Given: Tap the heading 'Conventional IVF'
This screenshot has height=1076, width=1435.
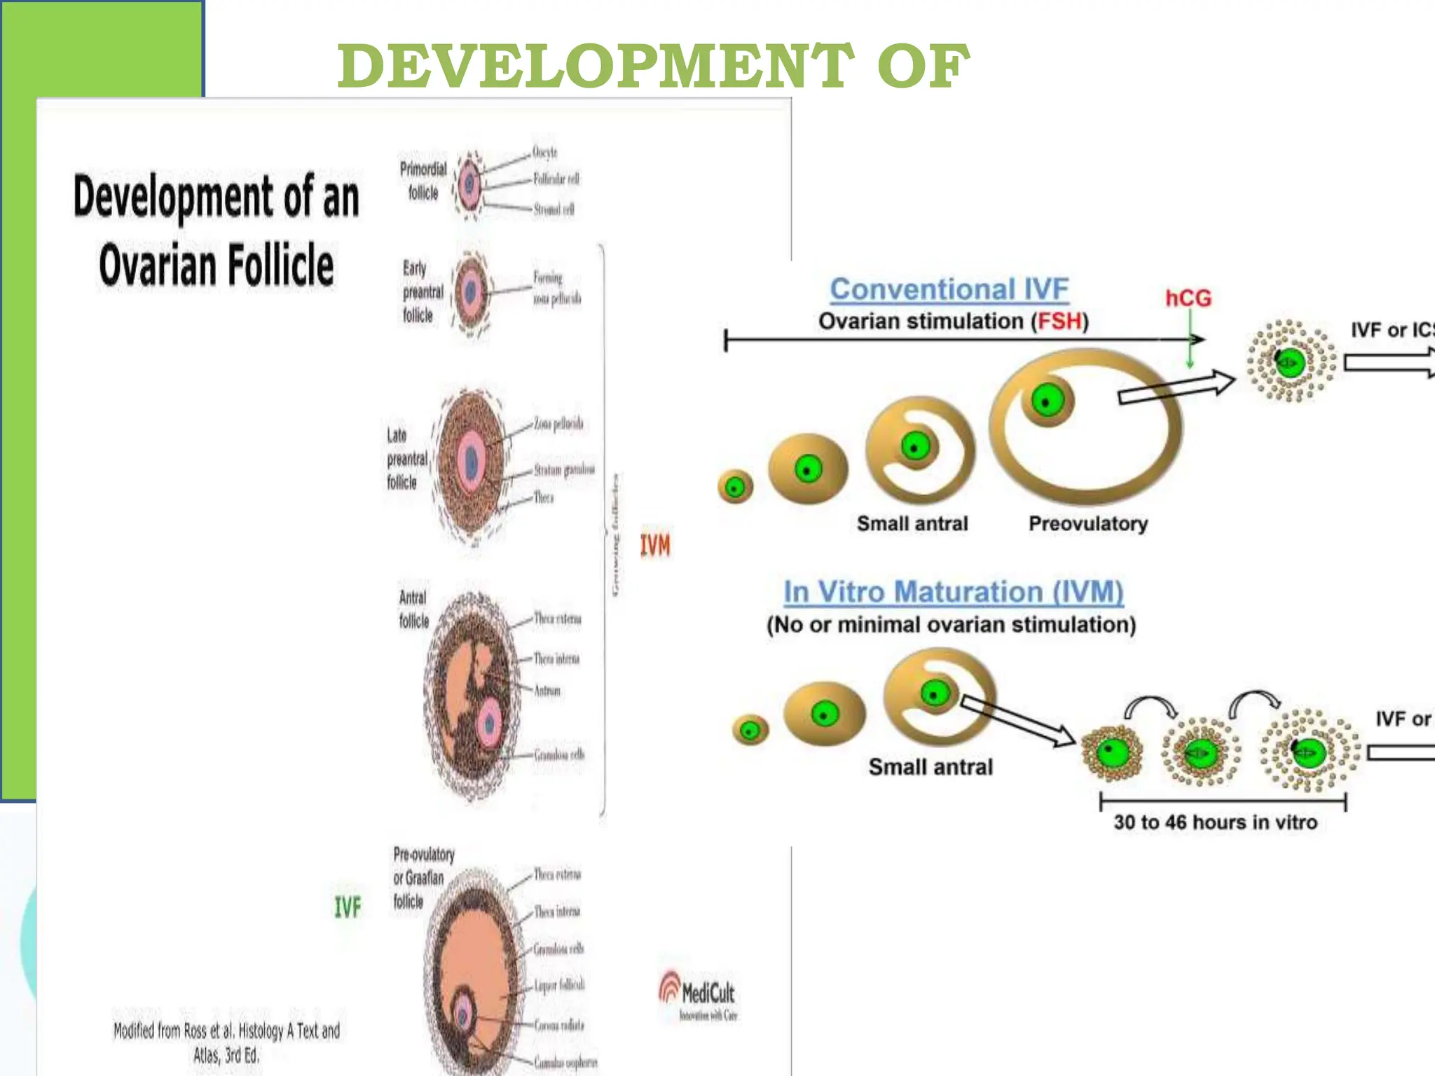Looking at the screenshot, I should [x=949, y=289].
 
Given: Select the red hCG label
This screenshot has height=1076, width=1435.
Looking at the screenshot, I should [x=1188, y=298].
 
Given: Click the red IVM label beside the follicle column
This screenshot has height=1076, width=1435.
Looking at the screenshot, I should [x=655, y=545].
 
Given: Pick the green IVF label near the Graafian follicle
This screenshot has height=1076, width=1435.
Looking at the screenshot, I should [x=348, y=908].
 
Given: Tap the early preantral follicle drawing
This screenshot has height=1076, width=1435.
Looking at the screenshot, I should [x=471, y=292].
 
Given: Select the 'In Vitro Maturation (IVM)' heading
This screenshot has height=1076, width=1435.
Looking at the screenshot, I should [x=953, y=593].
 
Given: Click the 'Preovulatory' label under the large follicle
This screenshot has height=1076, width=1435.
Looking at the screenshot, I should [x=1087, y=524].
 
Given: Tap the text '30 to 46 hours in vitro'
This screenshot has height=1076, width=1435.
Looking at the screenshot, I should [x=1215, y=822].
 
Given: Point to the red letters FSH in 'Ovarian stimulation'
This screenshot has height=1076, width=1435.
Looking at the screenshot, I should [x=1059, y=322].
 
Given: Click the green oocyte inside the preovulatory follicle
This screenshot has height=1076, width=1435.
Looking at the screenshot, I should [x=1047, y=401].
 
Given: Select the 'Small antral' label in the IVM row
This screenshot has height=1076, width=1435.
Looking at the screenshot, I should [x=931, y=767].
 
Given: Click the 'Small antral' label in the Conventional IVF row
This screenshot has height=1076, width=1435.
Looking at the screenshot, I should [x=912, y=524].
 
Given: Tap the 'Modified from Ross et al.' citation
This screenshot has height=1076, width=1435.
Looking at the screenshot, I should [x=226, y=1042].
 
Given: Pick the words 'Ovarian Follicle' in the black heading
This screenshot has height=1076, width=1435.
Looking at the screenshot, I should [x=217, y=265].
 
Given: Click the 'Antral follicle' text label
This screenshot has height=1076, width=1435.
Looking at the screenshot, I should [x=413, y=609].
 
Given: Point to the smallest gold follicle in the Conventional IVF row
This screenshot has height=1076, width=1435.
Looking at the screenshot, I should [x=735, y=487].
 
